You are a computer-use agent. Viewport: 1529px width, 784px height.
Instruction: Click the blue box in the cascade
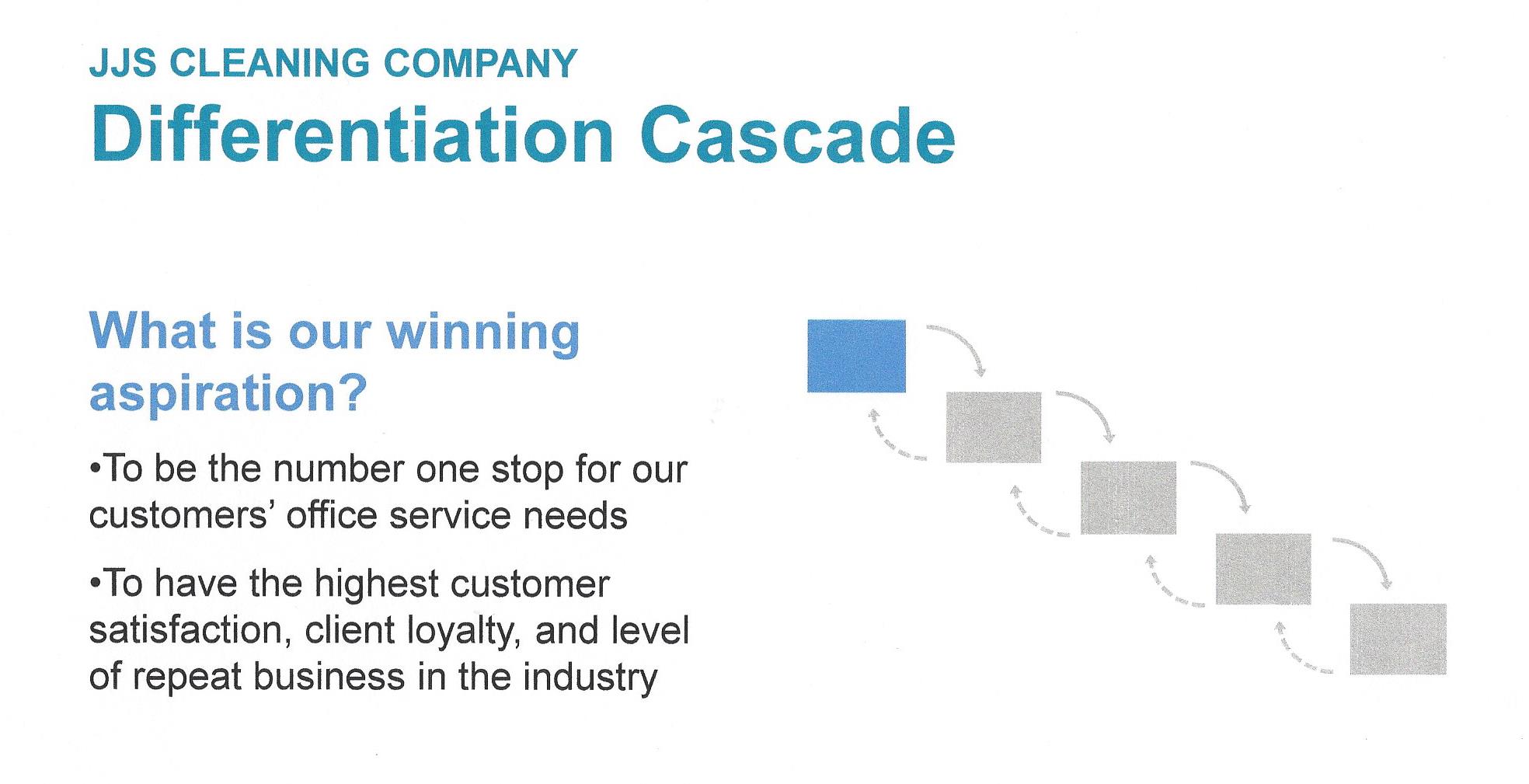pyautogui.click(x=856, y=356)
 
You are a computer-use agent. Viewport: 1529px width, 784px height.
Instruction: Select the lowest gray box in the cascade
pyautogui.click(x=1398, y=639)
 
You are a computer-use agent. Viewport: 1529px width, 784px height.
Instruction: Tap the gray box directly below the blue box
pyautogui.click(x=993, y=427)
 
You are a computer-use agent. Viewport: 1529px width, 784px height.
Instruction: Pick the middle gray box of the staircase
pyautogui.click(x=1128, y=497)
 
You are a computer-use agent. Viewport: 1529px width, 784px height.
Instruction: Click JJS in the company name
pyautogui.click(x=123, y=64)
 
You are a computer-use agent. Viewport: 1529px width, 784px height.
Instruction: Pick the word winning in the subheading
pyautogui.click(x=482, y=333)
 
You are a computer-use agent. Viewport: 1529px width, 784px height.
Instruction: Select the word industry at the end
pyautogui.click(x=590, y=677)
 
